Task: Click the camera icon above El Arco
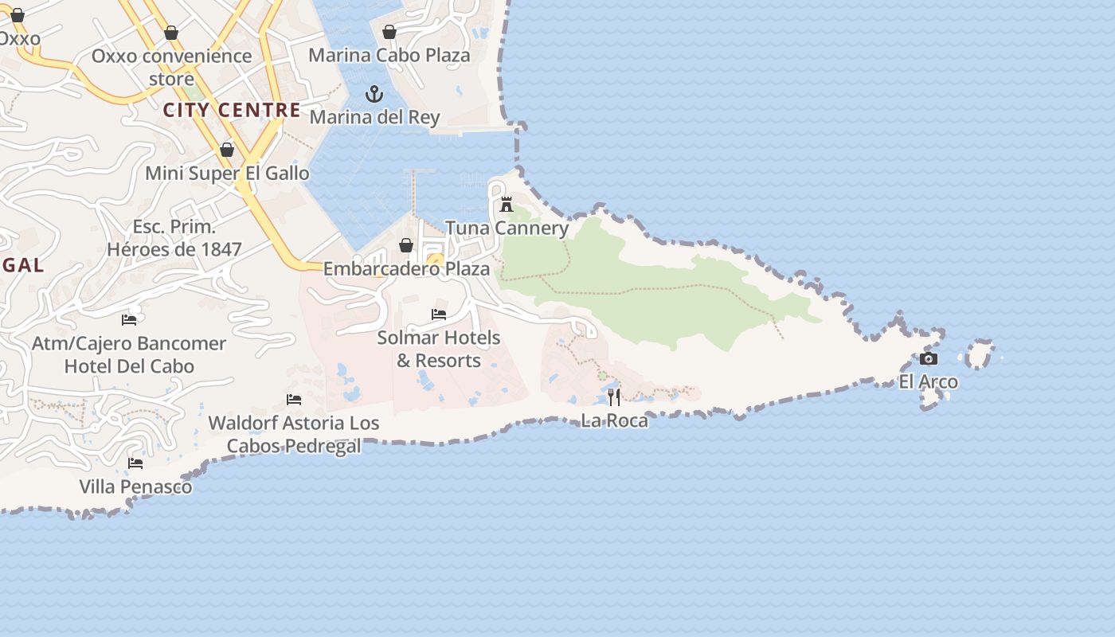(929, 358)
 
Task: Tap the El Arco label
(929, 381)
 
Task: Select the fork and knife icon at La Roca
(614, 397)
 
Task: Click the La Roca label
(614, 420)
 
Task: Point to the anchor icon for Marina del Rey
(374, 94)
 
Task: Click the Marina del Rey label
(374, 117)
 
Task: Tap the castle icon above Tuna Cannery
(507, 205)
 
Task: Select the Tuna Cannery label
(507, 228)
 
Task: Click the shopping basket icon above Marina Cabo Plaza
(389, 32)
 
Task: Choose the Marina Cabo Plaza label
(389, 55)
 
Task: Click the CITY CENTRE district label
(232, 110)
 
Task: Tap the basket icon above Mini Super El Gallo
(227, 150)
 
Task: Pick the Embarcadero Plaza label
(406, 268)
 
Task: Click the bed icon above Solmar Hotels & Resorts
(439, 315)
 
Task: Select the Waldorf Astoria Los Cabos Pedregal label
(294, 434)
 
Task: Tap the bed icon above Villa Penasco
(135, 463)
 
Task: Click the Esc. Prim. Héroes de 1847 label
(174, 238)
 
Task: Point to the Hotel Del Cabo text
(129, 366)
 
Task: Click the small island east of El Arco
(980, 354)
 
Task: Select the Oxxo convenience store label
(171, 67)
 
